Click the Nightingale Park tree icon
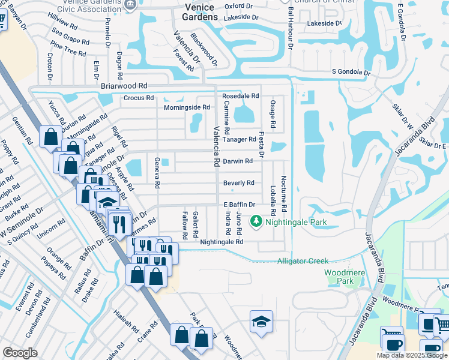pyautogui.click(x=256, y=221)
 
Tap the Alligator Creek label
pyautogui.click(x=303, y=261)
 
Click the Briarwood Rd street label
pyautogui.click(x=124, y=86)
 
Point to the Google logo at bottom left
pyautogui.click(x=20, y=353)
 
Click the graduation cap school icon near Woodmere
pyautogui.click(x=261, y=323)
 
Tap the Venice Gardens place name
pyautogui.click(x=200, y=12)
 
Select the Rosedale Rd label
pyautogui.click(x=240, y=96)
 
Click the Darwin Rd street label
pyautogui.click(x=238, y=161)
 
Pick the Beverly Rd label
pyautogui.click(x=238, y=183)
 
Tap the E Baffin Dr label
pyautogui.click(x=240, y=205)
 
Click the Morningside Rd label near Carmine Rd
pyautogui.click(x=187, y=107)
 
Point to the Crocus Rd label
pyautogui.click(x=139, y=98)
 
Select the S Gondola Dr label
pyautogui.click(x=351, y=72)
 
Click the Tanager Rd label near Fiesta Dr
pyautogui.click(x=239, y=139)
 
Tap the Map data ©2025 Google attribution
pyautogui.click(x=412, y=355)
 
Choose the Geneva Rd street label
pyautogui.click(x=157, y=174)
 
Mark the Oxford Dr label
pyautogui.click(x=238, y=6)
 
